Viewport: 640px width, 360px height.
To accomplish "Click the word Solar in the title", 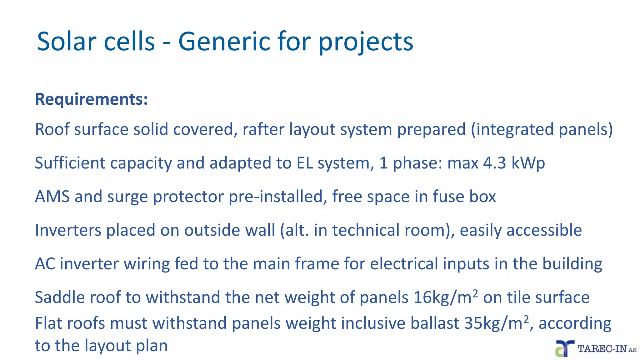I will point(66,42).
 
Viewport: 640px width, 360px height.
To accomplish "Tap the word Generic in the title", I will point(224,42).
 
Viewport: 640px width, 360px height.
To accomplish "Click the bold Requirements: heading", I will point(91,99).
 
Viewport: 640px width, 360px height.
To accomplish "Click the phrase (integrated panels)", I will point(542,129).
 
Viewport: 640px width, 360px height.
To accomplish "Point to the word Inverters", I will point(68,230).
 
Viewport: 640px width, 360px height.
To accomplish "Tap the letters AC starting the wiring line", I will point(45,264).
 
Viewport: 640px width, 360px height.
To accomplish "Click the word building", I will point(572,264).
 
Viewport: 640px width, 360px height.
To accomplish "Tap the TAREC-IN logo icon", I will point(564,348).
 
